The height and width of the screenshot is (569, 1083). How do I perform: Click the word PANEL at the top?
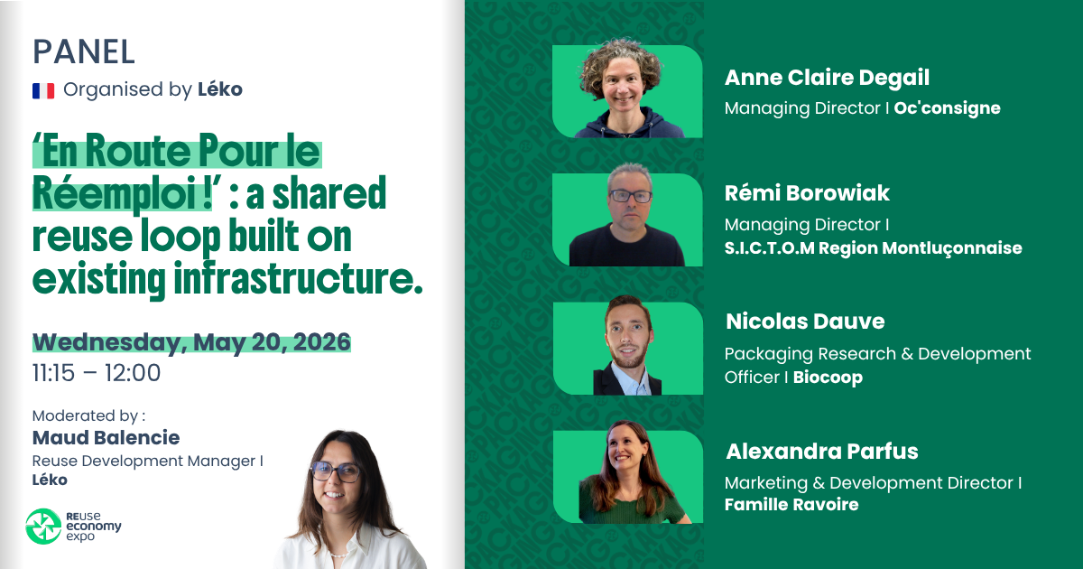83,51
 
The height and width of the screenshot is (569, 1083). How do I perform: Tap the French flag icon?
43,90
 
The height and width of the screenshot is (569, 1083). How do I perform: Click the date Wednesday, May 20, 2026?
191,343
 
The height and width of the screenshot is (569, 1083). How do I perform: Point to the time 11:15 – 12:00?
97,372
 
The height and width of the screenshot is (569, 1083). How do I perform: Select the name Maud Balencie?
106,438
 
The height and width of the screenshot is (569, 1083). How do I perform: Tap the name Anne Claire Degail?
827,79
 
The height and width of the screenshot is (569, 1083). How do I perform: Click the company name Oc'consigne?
947,108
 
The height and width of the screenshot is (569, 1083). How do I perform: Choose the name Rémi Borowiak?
807,193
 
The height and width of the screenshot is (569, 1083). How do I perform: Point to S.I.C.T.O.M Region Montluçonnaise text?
873,247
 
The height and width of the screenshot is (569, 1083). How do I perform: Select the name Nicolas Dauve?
804,322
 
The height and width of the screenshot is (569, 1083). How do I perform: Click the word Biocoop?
828,378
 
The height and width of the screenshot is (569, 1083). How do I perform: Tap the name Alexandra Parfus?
821,451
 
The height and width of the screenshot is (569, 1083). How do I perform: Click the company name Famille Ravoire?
791,505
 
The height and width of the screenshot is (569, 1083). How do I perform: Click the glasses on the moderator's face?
336,471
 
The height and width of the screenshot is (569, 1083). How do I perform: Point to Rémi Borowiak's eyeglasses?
629,196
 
